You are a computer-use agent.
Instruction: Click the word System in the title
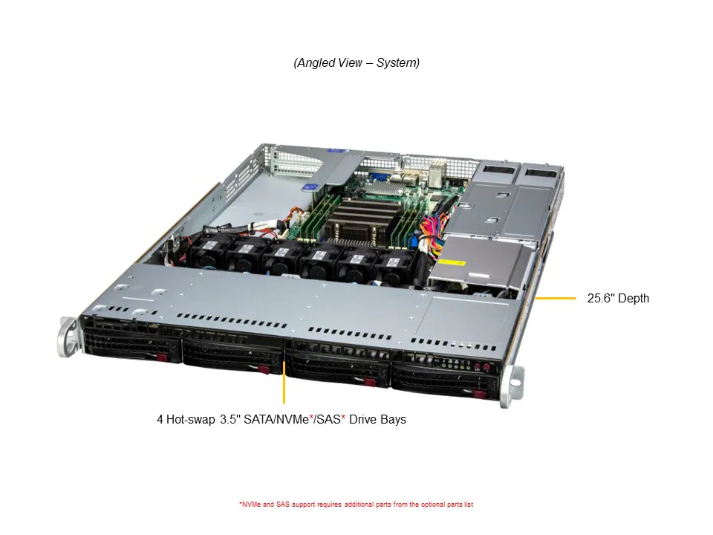point(397,63)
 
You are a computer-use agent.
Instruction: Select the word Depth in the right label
point(632,299)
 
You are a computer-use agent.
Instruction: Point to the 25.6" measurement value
point(599,299)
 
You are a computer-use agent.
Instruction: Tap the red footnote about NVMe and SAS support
point(356,505)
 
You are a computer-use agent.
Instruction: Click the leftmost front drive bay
point(132,347)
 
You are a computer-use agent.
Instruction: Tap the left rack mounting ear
point(68,338)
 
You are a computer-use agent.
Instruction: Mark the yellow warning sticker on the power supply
point(452,263)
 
